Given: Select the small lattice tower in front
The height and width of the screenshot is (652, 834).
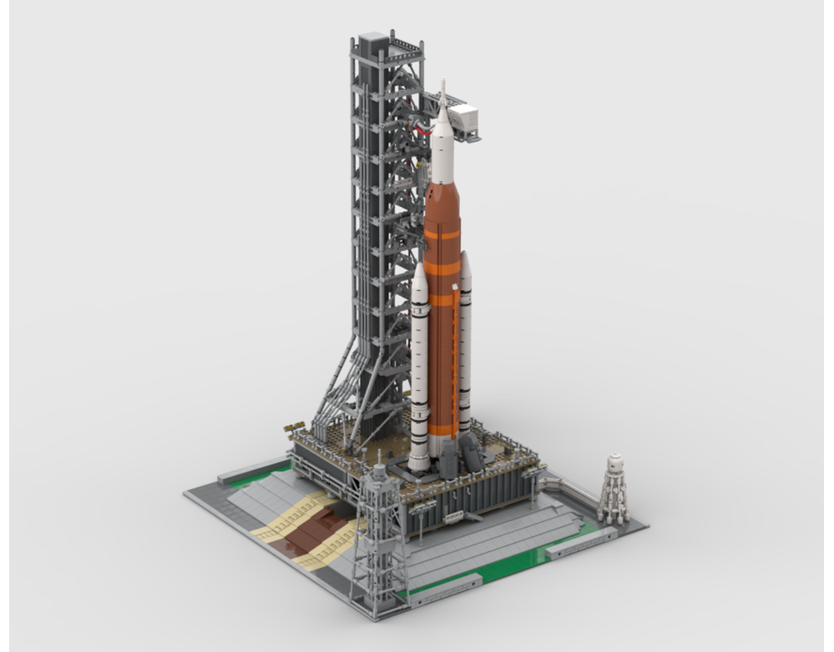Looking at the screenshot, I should pyautogui.click(x=378, y=542).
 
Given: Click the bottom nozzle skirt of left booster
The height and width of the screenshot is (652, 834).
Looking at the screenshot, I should pyautogui.click(x=419, y=460).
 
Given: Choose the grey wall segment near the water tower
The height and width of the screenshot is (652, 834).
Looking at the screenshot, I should pyautogui.click(x=581, y=541).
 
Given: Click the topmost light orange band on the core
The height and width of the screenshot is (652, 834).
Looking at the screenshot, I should pyautogui.click(x=442, y=235).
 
